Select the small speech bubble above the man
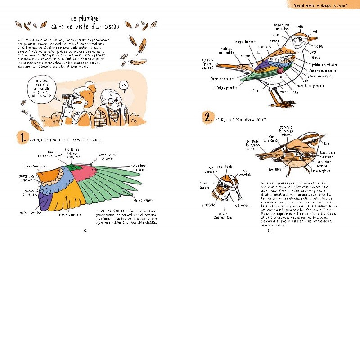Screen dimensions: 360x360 click(x=125, y=85)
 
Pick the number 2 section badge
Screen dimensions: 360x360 click(x=208, y=118)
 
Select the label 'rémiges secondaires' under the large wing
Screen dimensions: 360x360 click(x=70, y=215)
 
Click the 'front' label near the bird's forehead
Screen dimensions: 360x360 click(x=314, y=31)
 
